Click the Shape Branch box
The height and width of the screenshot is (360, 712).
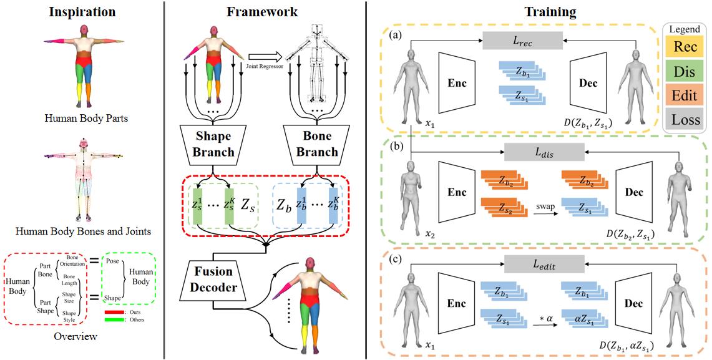213,144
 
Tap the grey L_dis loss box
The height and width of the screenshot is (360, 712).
544,151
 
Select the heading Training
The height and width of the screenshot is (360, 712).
542,11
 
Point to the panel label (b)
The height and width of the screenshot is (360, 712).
396,148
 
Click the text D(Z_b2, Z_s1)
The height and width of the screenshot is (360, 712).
632,234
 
